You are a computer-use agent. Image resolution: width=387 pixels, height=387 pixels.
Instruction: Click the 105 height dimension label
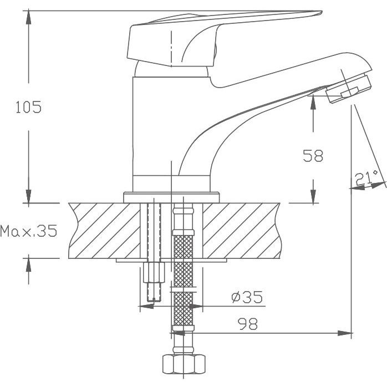pyautogui.click(x=28, y=107)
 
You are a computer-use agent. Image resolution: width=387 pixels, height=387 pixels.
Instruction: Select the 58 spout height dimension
pyautogui.click(x=313, y=156)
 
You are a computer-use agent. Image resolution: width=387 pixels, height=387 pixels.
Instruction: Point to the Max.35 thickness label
pyautogui.click(x=29, y=231)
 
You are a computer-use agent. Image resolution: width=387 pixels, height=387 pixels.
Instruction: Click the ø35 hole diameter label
pyautogui.click(x=247, y=297)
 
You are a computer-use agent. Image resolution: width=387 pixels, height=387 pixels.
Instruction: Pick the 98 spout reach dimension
pyautogui.click(x=247, y=324)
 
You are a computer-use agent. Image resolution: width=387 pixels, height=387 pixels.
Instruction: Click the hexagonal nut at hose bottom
pyautogui.click(x=184, y=364)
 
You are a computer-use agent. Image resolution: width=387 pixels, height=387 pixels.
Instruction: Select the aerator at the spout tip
pyautogui.click(x=349, y=89)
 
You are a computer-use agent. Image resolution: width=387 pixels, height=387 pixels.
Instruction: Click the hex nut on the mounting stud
pyautogui.click(x=154, y=272)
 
